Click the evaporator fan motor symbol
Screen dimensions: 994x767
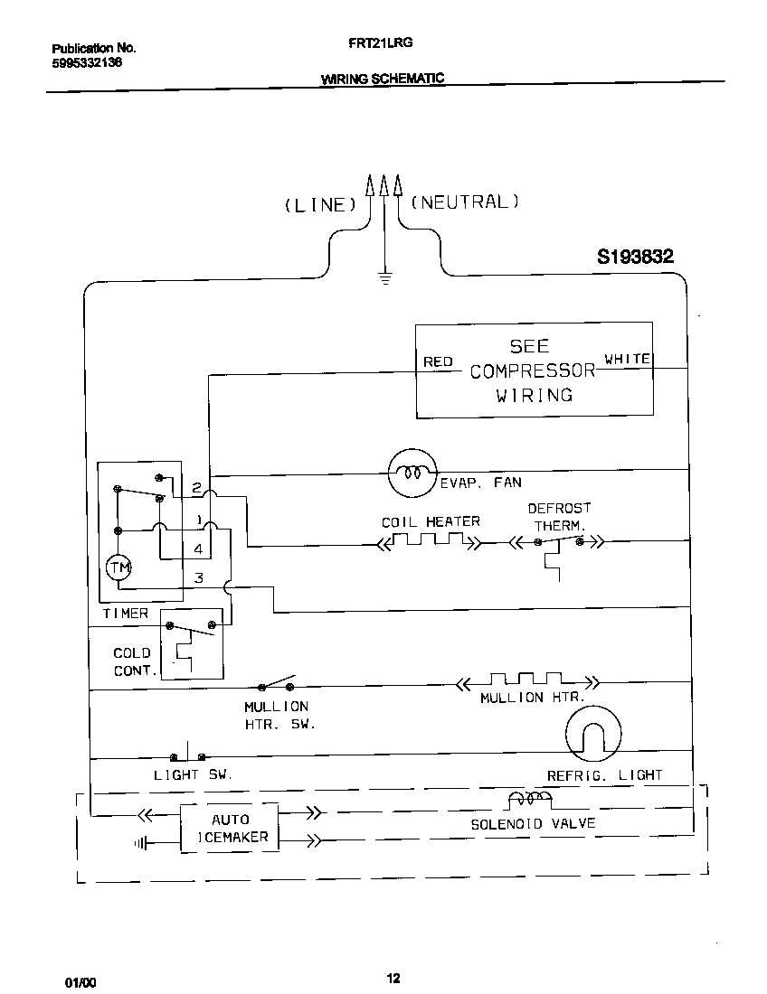pyautogui.click(x=412, y=472)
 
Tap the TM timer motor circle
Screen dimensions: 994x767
pyautogui.click(x=119, y=567)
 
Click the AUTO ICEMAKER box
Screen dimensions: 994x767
pyautogui.click(x=230, y=828)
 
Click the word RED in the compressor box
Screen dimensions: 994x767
pyautogui.click(x=438, y=361)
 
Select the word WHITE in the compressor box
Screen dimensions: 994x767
pyautogui.click(x=627, y=359)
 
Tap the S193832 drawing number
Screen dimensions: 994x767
pyautogui.click(x=635, y=257)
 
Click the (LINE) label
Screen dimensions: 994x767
pyautogui.click(x=317, y=205)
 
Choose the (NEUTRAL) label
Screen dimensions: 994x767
pyautogui.click(x=465, y=202)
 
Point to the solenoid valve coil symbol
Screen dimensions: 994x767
pyautogui.click(x=529, y=799)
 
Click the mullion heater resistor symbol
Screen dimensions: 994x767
pyautogui.click(x=525, y=679)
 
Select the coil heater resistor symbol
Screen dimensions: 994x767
pyautogui.click(x=429, y=541)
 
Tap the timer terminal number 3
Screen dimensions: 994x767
pyautogui.click(x=199, y=578)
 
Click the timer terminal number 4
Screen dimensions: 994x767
pyautogui.click(x=197, y=549)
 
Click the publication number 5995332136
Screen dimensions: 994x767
pyautogui.click(x=82, y=63)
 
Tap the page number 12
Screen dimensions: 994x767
pyautogui.click(x=393, y=978)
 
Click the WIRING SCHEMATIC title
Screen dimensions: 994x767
pyautogui.click(x=383, y=79)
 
